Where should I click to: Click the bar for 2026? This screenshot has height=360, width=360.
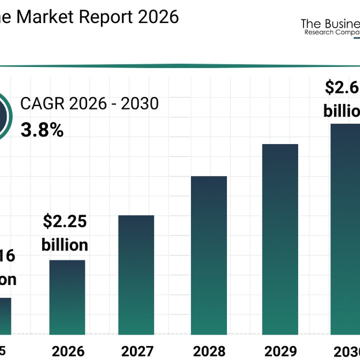[x=67, y=297]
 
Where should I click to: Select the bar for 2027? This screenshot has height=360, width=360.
[x=136, y=274]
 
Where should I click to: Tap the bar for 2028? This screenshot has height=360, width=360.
[x=208, y=255]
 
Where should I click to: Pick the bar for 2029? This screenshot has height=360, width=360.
[x=280, y=239]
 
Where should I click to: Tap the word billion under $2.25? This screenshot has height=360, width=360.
[x=64, y=245]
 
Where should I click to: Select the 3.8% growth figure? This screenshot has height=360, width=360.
[x=42, y=130]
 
